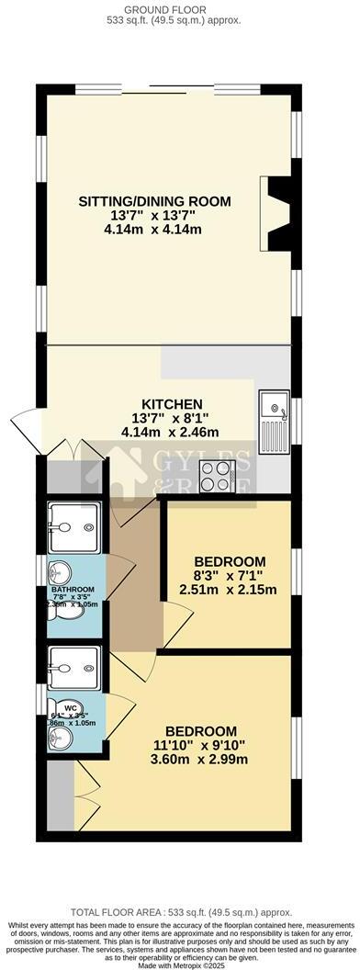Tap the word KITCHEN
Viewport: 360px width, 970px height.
click(x=172, y=403)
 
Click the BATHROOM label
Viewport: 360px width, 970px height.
click(x=73, y=589)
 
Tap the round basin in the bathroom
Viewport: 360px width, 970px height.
click(x=58, y=572)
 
